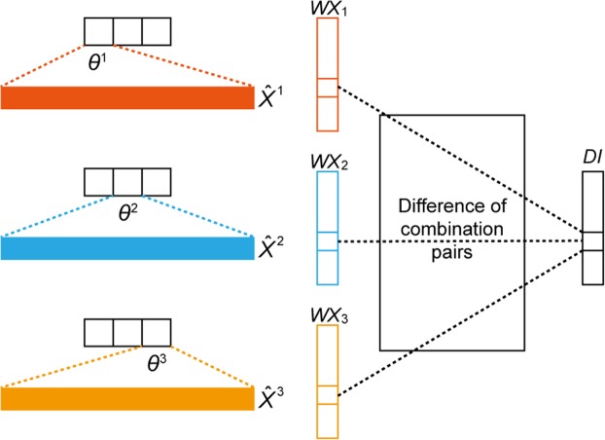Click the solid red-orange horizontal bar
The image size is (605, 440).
(x=126, y=98)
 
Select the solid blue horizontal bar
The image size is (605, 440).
(x=126, y=248)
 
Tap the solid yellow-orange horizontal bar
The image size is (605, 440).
(x=126, y=398)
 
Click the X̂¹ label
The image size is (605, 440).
(x=275, y=98)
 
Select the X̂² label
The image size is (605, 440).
(x=275, y=248)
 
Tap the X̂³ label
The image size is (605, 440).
(x=275, y=398)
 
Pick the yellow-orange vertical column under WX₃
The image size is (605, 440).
(x=327, y=380)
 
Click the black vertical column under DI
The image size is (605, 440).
(x=592, y=229)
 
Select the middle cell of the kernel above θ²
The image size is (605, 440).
(x=126, y=181)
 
